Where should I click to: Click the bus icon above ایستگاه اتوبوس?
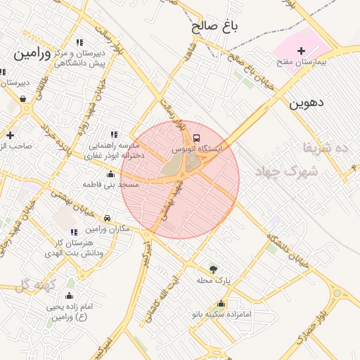coord(196,138)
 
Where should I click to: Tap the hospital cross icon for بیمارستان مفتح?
coord(302,51)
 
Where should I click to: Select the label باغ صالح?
coord(216,27)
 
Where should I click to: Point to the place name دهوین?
coord(307,103)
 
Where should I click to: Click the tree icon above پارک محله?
coord(213,269)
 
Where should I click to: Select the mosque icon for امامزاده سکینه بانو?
coord(221,304)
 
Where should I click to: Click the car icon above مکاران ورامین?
coord(107,218)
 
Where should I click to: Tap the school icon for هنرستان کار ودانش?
coord(74,232)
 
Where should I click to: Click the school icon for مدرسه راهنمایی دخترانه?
coord(114,134)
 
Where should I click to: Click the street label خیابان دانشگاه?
coord(288,245)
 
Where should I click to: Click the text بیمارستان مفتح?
coord(302,63)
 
